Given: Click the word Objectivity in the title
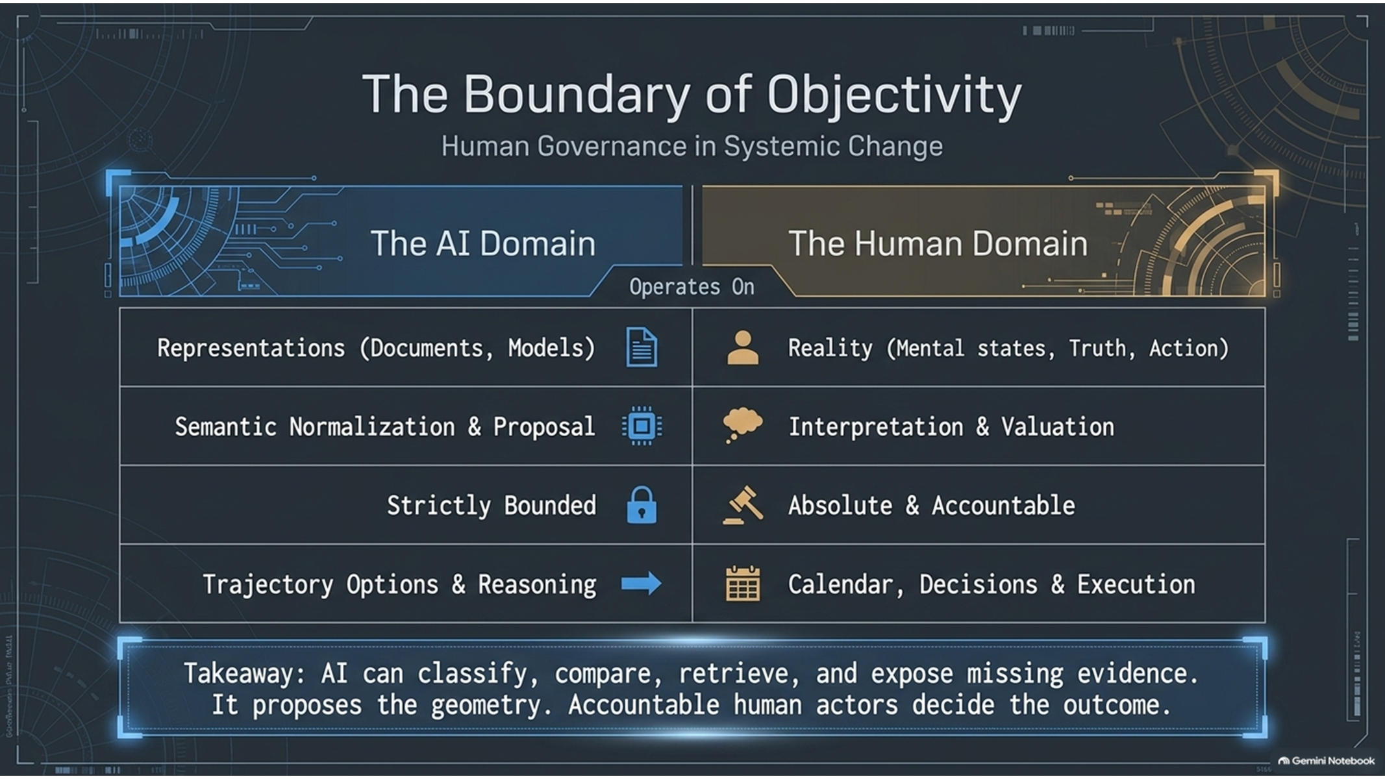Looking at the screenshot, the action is click(x=894, y=96).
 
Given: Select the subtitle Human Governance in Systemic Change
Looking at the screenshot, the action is click(x=692, y=146).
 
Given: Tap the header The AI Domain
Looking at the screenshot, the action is click(x=483, y=243).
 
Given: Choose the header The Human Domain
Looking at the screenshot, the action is click(x=938, y=243).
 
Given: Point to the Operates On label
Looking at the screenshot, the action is click(x=692, y=286).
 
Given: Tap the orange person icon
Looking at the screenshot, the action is click(x=743, y=347).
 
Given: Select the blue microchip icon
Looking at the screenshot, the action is click(x=642, y=426).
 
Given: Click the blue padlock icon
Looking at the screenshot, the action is click(x=642, y=505).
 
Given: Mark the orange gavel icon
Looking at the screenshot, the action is click(x=743, y=505).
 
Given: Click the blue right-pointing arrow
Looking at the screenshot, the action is click(x=642, y=584).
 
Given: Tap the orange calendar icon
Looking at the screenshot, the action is click(x=743, y=584).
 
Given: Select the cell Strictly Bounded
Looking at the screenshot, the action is click(x=492, y=506).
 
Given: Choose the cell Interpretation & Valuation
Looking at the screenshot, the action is click(x=951, y=427).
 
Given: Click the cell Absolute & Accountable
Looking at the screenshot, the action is click(x=932, y=506).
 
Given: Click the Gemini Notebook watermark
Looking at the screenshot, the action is click(x=1327, y=761).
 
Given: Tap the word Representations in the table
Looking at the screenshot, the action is click(x=251, y=349).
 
